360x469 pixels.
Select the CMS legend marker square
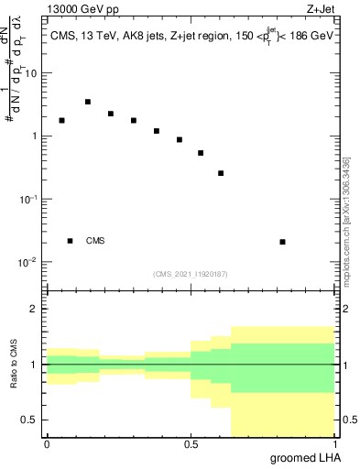point(70,241)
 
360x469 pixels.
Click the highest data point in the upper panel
point(87,102)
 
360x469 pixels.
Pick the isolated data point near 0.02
point(282,242)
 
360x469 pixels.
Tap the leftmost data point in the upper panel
point(61,120)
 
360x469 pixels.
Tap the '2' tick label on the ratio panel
point(34,310)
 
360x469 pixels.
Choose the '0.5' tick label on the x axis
point(191,444)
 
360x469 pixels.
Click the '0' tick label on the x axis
point(47,444)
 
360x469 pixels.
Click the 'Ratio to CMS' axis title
point(14,365)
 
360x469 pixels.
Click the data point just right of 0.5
point(201,153)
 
